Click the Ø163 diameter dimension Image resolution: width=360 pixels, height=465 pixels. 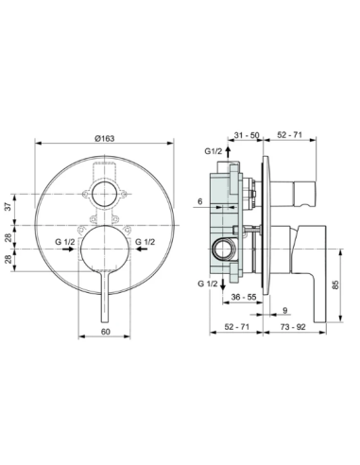(x=104, y=139)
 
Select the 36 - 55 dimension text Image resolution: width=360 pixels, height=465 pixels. (x=243, y=296)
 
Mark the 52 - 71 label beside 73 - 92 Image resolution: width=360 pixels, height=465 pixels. (x=237, y=326)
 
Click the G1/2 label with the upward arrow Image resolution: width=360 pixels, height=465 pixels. (x=213, y=151)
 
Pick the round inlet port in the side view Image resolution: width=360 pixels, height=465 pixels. (x=226, y=248)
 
